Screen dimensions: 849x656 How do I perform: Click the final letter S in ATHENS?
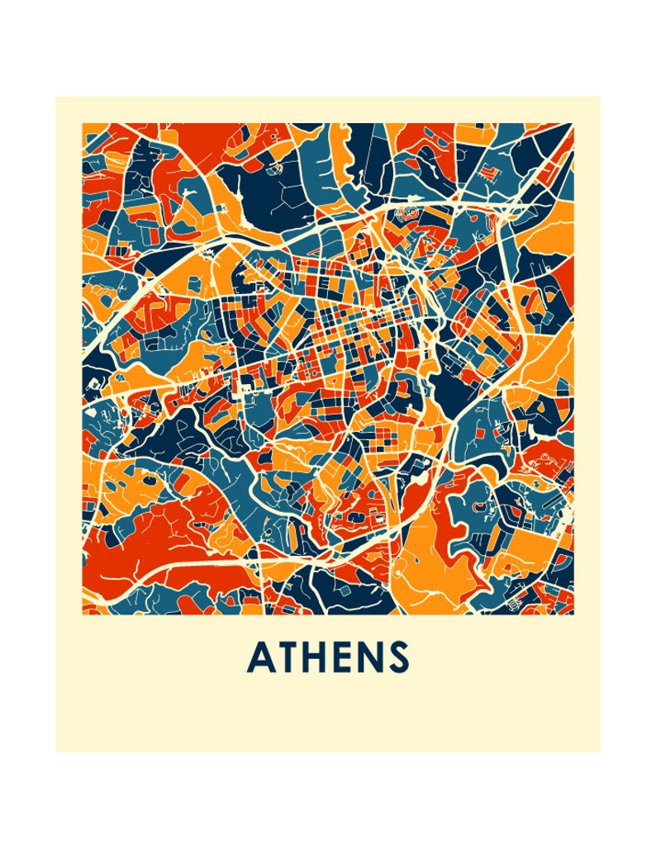coord(398,657)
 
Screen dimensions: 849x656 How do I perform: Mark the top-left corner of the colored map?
coord(83,124)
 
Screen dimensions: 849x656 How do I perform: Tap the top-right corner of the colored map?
coord(573,124)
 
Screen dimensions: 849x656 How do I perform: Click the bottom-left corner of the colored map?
coord(83,614)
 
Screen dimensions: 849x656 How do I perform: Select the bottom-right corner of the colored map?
coord(573,614)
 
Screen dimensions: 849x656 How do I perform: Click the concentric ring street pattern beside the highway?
coord(409,214)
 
